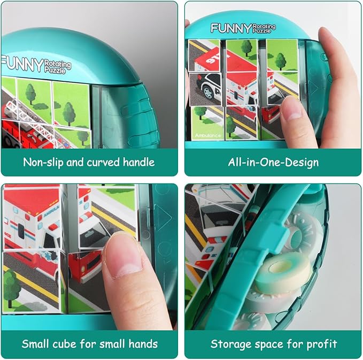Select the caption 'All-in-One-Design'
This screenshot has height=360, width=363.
pyautogui.click(x=273, y=162)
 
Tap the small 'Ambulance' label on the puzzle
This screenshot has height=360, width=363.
pyautogui.click(x=207, y=135)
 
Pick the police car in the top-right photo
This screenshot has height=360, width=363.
pyautogui.click(x=205, y=86)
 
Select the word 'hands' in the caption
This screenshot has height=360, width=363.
pyautogui.click(x=143, y=343)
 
